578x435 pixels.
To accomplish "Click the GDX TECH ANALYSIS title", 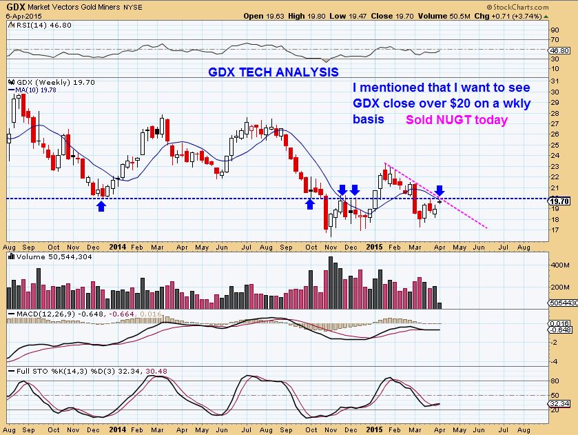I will (273, 72).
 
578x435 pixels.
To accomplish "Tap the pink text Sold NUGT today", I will (456, 120).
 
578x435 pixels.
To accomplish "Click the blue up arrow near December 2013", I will (102, 205).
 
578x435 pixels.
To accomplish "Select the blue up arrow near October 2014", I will (310, 203).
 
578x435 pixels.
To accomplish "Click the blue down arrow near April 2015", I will (440, 190).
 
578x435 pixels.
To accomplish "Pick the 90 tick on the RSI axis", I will (555, 30).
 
